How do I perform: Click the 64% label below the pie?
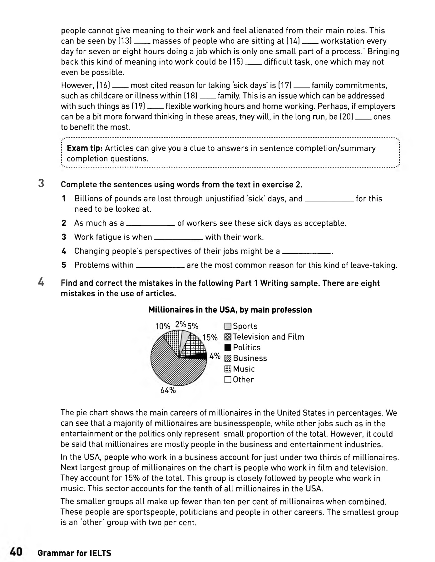pyautogui.click(x=168, y=390)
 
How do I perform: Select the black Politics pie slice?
pyautogui.click(x=202, y=357)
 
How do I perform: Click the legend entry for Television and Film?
pyautogui.click(x=264, y=337)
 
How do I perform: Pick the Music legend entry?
pyautogui.click(x=240, y=369)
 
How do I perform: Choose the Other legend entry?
pyautogui.click(x=239, y=380)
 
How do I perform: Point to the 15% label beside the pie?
pyautogui.click(x=210, y=338)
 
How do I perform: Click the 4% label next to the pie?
pyautogui.click(x=215, y=356)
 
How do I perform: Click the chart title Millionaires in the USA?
pyautogui.click(x=230, y=310)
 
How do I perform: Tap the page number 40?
pyautogui.click(x=16, y=552)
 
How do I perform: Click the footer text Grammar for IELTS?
pyautogui.click(x=74, y=553)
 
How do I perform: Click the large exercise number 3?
pyautogui.click(x=41, y=183)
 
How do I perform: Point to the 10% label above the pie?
pyautogui.click(x=163, y=327)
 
